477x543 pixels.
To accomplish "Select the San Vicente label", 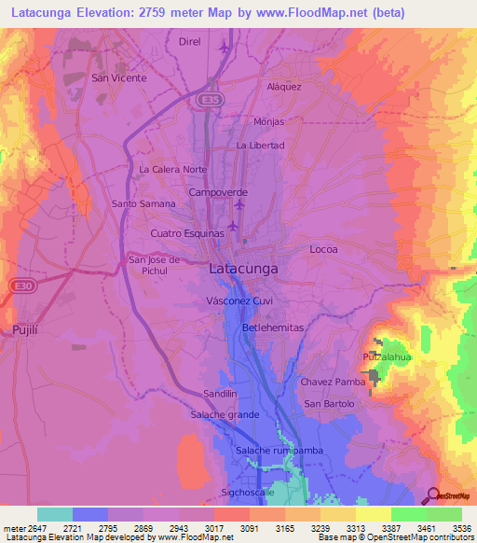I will point(118,78).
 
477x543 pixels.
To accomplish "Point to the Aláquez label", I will point(284,86).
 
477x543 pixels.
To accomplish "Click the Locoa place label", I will point(323,250).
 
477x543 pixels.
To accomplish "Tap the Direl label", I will point(189,42).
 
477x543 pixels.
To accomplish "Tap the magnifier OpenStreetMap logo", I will point(433,494).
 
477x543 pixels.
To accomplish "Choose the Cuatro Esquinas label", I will point(187,232).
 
